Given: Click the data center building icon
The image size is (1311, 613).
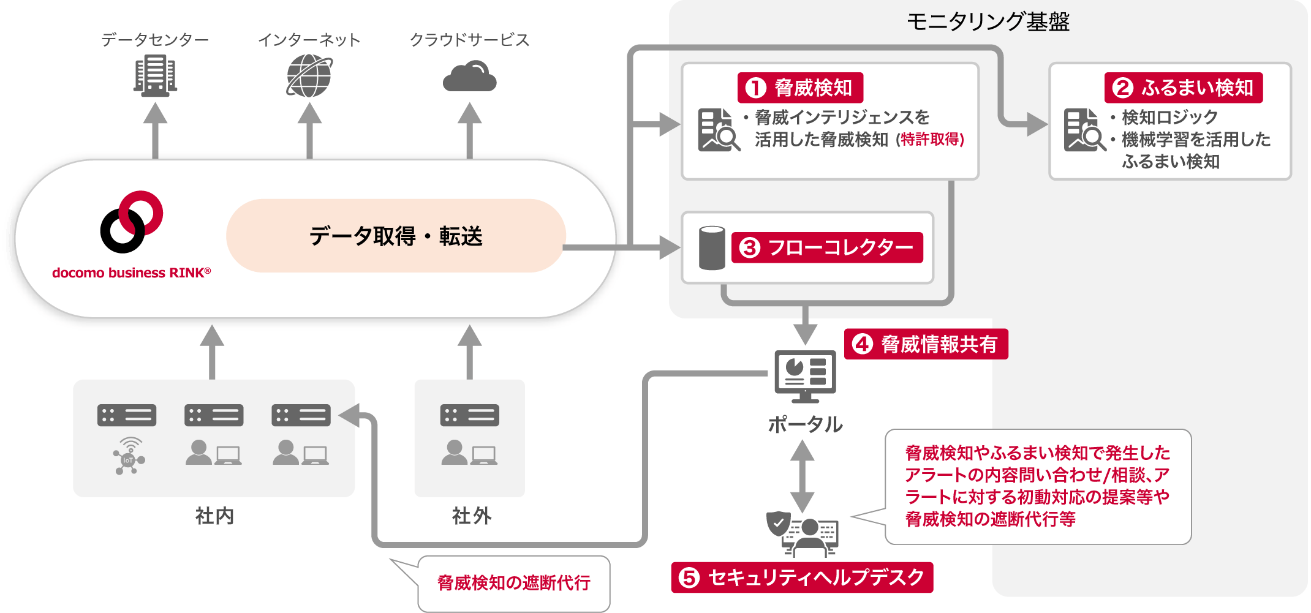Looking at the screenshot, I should tap(155, 75).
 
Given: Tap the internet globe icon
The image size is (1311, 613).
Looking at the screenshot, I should tap(309, 76).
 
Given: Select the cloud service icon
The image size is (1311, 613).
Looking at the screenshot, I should tap(469, 77).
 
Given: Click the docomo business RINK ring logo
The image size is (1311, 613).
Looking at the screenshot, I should tap(131, 222).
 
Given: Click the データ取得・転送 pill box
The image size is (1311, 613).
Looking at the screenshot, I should tap(395, 236).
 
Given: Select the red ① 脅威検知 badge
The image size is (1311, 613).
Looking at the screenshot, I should tap(800, 88).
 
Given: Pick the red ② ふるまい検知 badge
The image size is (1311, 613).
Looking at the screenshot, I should tap(1183, 88).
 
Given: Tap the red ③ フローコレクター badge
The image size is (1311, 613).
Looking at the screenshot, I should tap(827, 247).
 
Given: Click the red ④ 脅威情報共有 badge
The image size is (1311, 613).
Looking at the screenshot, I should tap(926, 344).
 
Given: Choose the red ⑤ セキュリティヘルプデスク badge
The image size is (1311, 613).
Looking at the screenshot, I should tap(802, 577).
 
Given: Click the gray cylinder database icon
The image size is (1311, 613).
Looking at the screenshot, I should tap(712, 247).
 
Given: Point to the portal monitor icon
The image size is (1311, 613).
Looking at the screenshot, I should tap(805, 375).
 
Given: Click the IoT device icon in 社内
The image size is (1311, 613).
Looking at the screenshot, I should tap(129, 456).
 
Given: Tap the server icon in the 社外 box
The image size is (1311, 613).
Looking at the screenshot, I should tap(469, 415).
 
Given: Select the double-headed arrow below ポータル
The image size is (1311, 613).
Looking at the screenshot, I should tap(802, 476).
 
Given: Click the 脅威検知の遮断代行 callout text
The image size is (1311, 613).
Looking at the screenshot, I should tap(513, 582).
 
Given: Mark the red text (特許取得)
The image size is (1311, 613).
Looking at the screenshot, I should tap(930, 140).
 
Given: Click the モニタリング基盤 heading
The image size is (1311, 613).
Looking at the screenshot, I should tap(988, 22).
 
